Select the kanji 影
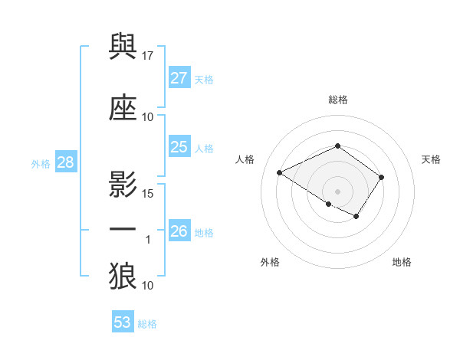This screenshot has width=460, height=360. click(123, 183)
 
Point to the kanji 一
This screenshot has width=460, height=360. click(123, 230)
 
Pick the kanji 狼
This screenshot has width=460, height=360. click(123, 277)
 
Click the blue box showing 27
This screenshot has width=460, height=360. click(179, 78)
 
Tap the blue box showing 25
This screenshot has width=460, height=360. click(179, 147)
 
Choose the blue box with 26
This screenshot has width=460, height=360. click(179, 231)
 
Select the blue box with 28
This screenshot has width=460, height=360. click(65, 162)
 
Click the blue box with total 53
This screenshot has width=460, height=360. click(123, 322)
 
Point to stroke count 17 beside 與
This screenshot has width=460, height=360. click(148, 55)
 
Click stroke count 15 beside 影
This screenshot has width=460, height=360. click(148, 193)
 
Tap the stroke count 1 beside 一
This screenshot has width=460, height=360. click(148, 240)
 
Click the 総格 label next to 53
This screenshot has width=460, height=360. click(147, 324)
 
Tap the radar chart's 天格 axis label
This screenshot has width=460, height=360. click(431, 159)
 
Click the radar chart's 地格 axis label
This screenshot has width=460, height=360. click(402, 262)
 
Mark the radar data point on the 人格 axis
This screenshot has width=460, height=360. click(280, 173)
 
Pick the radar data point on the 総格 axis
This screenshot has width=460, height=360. click(337, 146)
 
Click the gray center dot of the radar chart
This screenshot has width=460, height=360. click(337, 191)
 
